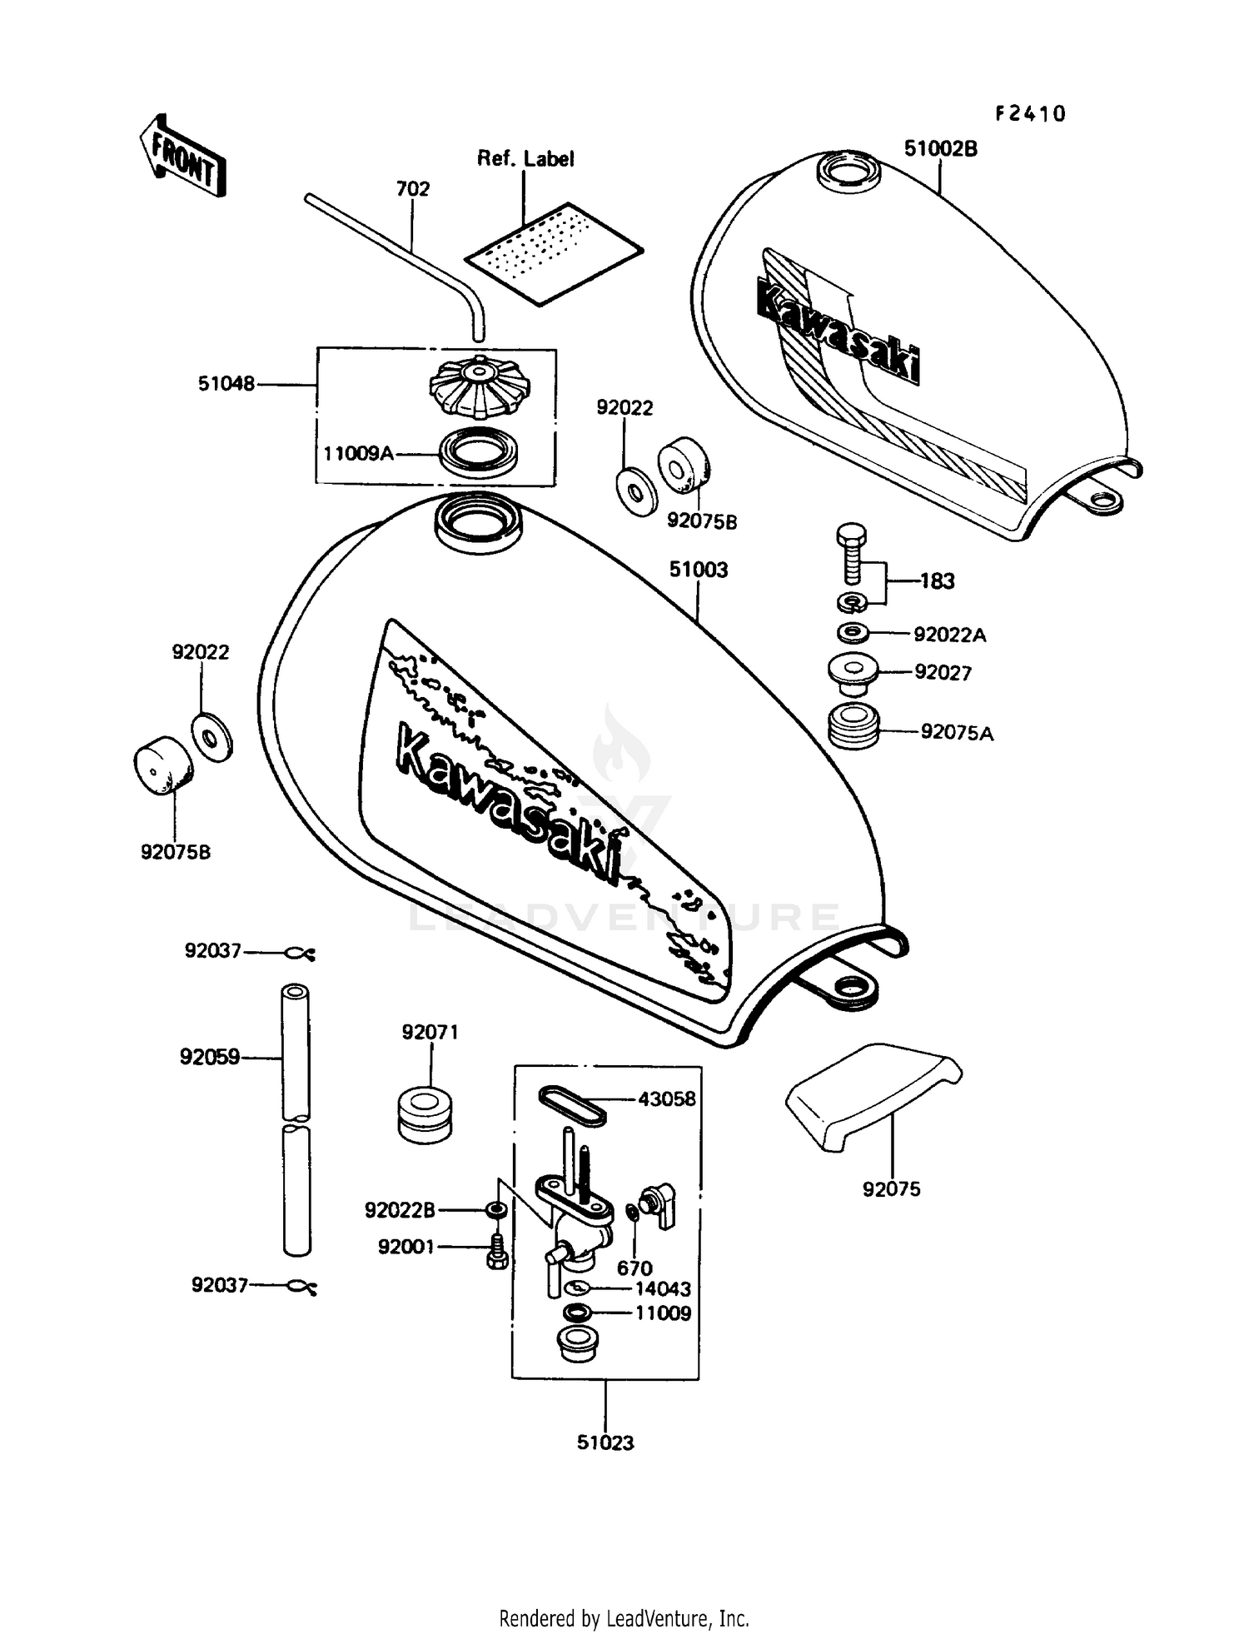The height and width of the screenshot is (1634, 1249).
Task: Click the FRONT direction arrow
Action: click(182, 157)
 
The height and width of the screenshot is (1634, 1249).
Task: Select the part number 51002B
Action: click(941, 149)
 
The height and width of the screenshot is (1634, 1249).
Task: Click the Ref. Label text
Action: click(525, 159)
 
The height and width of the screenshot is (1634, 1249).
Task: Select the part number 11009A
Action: click(358, 454)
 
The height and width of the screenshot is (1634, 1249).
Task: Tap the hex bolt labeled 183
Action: click(850, 553)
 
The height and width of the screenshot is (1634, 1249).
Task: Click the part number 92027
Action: click(943, 673)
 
